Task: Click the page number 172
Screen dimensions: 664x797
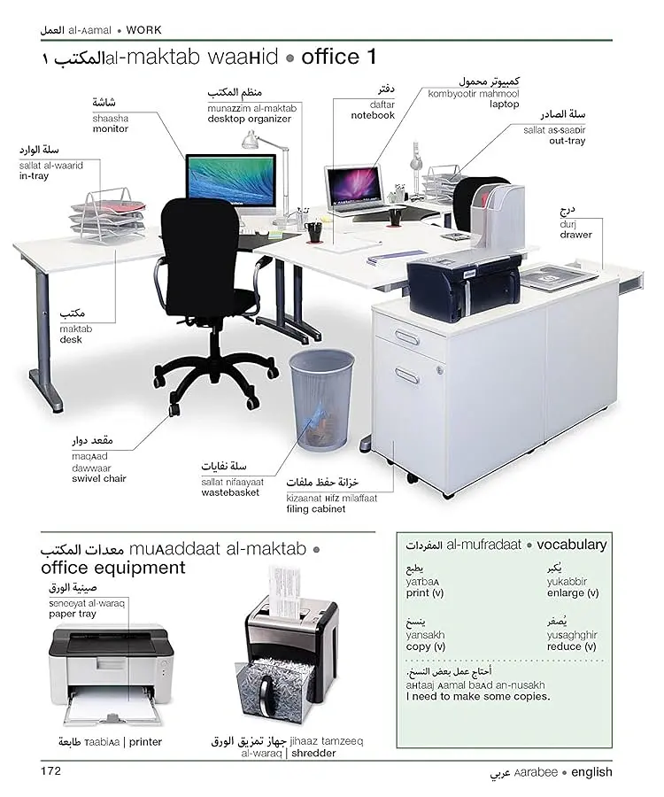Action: tap(50, 771)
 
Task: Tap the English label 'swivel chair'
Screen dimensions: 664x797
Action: tap(99, 478)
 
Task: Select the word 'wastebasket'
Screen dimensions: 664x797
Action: tap(230, 492)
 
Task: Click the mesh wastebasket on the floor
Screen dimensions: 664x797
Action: tap(321, 400)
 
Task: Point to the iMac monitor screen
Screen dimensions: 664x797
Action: tap(231, 181)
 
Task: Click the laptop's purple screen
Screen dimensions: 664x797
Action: tap(355, 184)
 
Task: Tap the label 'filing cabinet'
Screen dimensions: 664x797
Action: tap(315, 509)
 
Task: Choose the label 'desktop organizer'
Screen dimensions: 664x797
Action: tap(249, 119)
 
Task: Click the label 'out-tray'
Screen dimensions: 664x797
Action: tap(567, 141)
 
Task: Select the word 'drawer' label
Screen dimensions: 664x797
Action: tap(576, 235)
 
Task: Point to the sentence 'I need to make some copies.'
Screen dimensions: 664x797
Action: tap(477, 696)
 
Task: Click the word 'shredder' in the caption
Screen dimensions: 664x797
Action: tap(313, 754)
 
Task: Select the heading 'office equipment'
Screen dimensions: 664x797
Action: tap(113, 568)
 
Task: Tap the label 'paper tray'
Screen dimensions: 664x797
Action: tap(72, 614)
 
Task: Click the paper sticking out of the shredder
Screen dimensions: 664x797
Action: tap(283, 590)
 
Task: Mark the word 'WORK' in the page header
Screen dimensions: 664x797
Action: tap(143, 30)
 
